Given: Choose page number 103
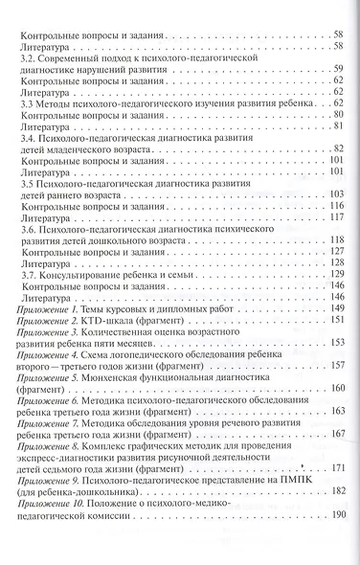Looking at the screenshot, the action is point(337,195).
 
